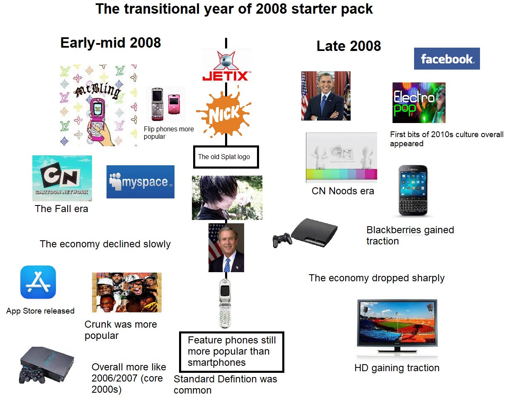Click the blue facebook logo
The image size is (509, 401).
point(447,59)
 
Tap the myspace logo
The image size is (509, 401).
point(140,181)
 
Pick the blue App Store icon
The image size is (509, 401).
point(38,282)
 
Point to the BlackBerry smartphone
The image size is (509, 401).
point(413,190)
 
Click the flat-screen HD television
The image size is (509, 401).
point(397,326)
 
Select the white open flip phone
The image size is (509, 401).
point(225,303)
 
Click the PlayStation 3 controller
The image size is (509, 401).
point(282,240)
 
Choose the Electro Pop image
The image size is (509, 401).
point(419,103)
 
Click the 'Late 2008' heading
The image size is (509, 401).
point(349,46)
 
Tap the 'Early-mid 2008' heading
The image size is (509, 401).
point(110,43)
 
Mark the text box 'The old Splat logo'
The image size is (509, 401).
point(226,157)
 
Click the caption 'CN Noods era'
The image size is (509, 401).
point(343,191)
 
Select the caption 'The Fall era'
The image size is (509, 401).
point(61,209)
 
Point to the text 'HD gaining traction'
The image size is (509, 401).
point(397,368)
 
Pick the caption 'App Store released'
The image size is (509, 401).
point(41,311)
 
